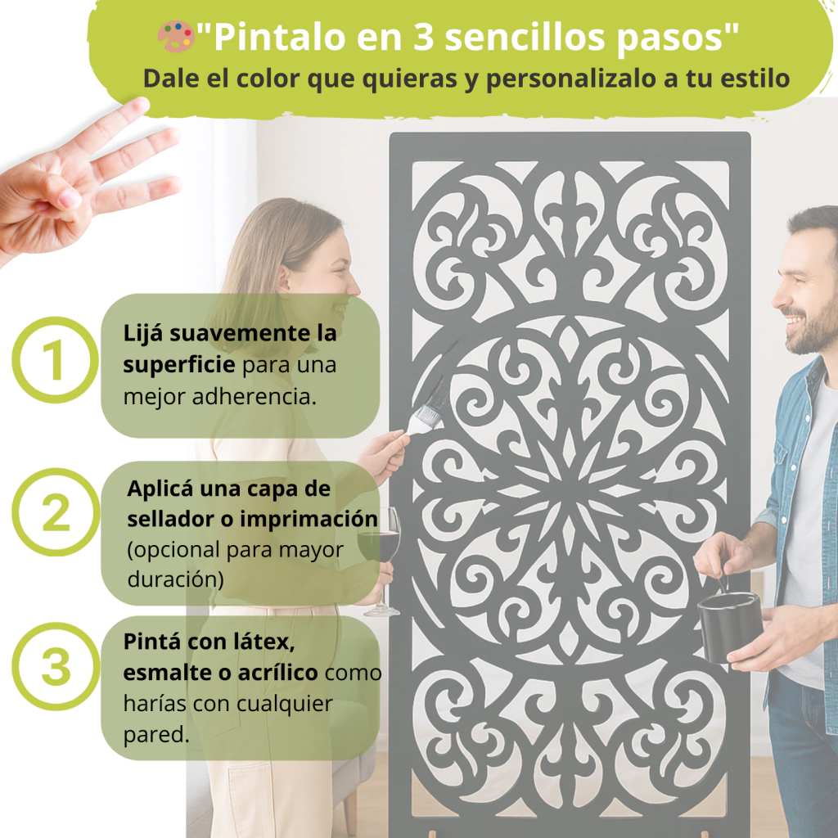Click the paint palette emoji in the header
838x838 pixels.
pyautogui.click(x=175, y=36)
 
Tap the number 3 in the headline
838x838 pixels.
pyautogui.click(x=423, y=38)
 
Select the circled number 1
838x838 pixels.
pyautogui.click(x=55, y=359)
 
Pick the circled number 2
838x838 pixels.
pyautogui.click(x=56, y=512)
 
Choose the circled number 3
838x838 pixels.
pyautogui.click(x=56, y=666)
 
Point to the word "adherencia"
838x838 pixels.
pyautogui.click(x=254, y=397)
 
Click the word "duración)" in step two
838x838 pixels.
pyautogui.click(x=175, y=579)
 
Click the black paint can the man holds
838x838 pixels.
pyautogui.click(x=729, y=626)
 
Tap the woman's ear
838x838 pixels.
pyautogui.click(x=282, y=278)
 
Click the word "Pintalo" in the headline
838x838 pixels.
pyautogui.click(x=279, y=38)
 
